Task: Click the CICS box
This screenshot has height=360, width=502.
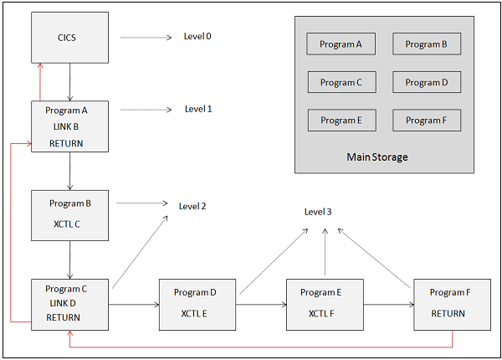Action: pyautogui.click(x=69, y=38)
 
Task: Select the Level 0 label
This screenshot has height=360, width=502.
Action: pyautogui.click(x=197, y=37)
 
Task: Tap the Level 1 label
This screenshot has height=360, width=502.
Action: pyautogui.click(x=198, y=109)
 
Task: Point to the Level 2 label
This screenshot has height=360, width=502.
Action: pyautogui.click(x=192, y=205)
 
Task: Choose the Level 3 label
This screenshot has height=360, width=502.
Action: pyautogui.click(x=318, y=212)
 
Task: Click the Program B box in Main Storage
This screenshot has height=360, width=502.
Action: pyautogui.click(x=427, y=44)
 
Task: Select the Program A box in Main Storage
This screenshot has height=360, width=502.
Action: pyautogui.click(x=341, y=44)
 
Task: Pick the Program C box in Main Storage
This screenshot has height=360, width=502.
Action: pyautogui.click(x=341, y=82)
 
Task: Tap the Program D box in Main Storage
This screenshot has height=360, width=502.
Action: pyautogui.click(x=427, y=82)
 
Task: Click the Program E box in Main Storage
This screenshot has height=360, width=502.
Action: pyautogui.click(x=341, y=120)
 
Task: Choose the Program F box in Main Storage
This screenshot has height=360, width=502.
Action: pyautogui.click(x=427, y=120)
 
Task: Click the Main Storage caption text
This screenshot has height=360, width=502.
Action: pyautogui.click(x=376, y=157)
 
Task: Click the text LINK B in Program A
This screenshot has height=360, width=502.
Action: pyautogui.click(x=69, y=126)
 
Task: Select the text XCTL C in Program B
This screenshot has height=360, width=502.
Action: pyautogui.click(x=69, y=224)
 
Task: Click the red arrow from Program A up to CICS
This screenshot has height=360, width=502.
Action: pyautogui.click(x=39, y=83)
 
